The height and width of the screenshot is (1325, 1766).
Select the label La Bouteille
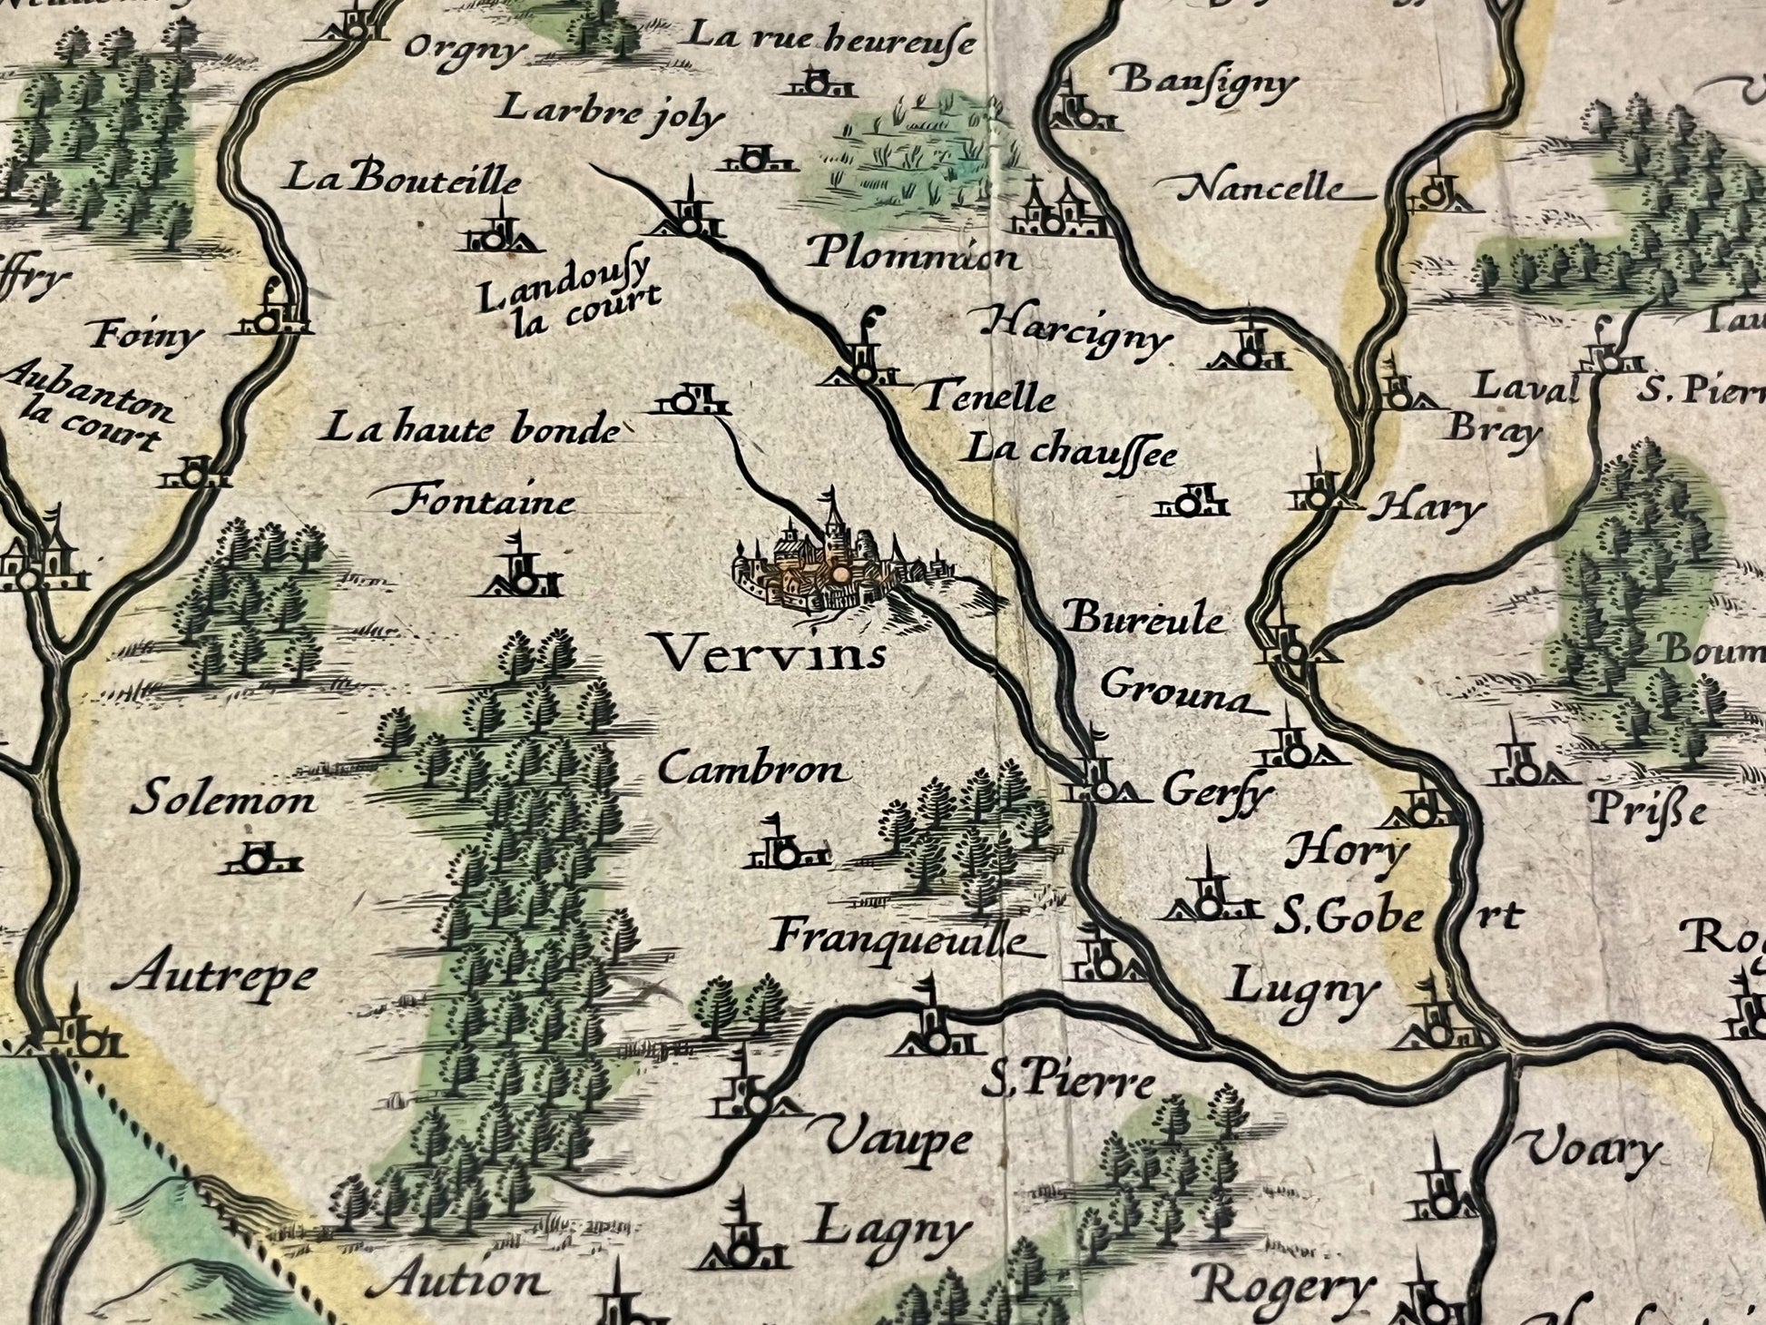click(404, 179)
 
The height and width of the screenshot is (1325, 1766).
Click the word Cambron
click(754, 770)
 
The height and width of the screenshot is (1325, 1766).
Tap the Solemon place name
click(223, 800)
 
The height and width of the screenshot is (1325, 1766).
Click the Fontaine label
click(485, 501)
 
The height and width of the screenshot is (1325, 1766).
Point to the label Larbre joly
click(613, 113)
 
